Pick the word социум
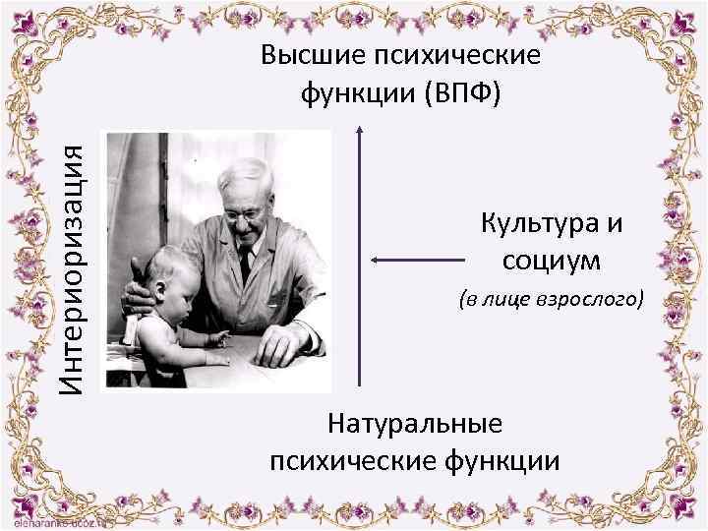[x=552, y=261]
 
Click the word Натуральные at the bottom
[x=415, y=424]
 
